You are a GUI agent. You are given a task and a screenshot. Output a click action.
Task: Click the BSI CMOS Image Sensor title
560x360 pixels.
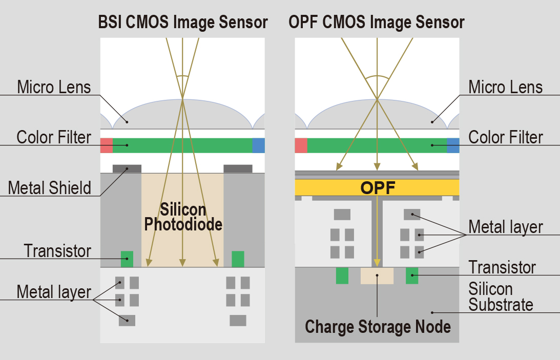(183, 22)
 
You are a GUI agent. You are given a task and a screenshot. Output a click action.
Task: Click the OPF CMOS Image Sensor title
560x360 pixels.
(377, 22)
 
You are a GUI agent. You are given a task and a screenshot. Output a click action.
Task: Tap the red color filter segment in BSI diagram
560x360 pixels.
(106, 145)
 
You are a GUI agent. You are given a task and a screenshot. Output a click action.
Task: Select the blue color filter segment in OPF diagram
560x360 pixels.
(453, 145)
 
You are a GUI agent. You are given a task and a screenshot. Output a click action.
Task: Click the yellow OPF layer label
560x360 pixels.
(378, 188)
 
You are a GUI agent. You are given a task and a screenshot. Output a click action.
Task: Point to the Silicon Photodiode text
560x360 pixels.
(183, 217)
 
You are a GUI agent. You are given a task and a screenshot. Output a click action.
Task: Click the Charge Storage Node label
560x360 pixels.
(378, 326)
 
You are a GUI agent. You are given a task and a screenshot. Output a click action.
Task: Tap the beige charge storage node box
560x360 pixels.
(377, 276)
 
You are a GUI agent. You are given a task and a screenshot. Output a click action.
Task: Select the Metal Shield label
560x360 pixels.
(49, 188)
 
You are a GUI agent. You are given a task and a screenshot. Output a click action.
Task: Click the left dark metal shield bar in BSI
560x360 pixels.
(127, 168)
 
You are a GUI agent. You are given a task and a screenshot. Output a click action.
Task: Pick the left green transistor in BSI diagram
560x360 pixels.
(127, 259)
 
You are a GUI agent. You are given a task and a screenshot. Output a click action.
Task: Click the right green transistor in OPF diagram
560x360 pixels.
(412, 276)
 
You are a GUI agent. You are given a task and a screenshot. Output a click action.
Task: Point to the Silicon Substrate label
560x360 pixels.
(501, 297)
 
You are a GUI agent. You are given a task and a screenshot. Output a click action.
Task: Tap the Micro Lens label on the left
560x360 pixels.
(54, 87)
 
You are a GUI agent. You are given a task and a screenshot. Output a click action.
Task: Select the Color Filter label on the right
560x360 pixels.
(506, 137)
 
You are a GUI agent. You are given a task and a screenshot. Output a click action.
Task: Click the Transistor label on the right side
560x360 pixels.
(502, 267)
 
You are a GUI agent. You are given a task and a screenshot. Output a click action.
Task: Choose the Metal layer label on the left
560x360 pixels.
(54, 292)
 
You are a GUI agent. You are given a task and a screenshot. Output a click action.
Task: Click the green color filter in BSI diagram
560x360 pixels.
(182, 145)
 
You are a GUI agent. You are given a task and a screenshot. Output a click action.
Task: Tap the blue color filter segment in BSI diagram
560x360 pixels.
(258, 145)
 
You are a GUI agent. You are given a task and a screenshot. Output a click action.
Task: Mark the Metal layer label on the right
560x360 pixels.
(506, 226)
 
